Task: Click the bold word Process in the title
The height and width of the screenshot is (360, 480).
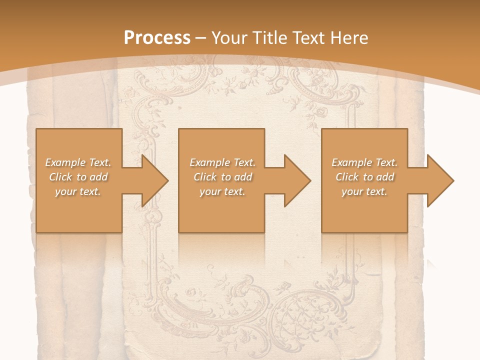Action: (x=157, y=38)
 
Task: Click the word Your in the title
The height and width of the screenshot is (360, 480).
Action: (x=230, y=38)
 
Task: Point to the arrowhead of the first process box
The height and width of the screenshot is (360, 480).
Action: (x=155, y=180)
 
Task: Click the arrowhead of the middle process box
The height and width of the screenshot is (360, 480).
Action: (x=297, y=180)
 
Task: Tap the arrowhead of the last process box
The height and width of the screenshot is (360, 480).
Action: (x=440, y=180)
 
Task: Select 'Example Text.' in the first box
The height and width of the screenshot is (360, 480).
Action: (x=78, y=162)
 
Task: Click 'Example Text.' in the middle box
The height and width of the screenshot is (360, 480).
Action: (x=222, y=162)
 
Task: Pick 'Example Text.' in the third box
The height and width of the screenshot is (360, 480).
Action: (x=364, y=162)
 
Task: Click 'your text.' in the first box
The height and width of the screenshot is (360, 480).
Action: (x=78, y=191)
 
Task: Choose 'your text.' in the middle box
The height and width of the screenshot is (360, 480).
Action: (x=222, y=191)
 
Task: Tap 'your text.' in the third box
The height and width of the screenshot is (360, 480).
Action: (x=364, y=191)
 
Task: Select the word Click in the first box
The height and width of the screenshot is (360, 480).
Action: (x=60, y=177)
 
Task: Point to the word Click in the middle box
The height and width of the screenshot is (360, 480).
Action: (x=204, y=177)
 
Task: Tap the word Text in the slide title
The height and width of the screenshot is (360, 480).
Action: (x=309, y=38)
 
